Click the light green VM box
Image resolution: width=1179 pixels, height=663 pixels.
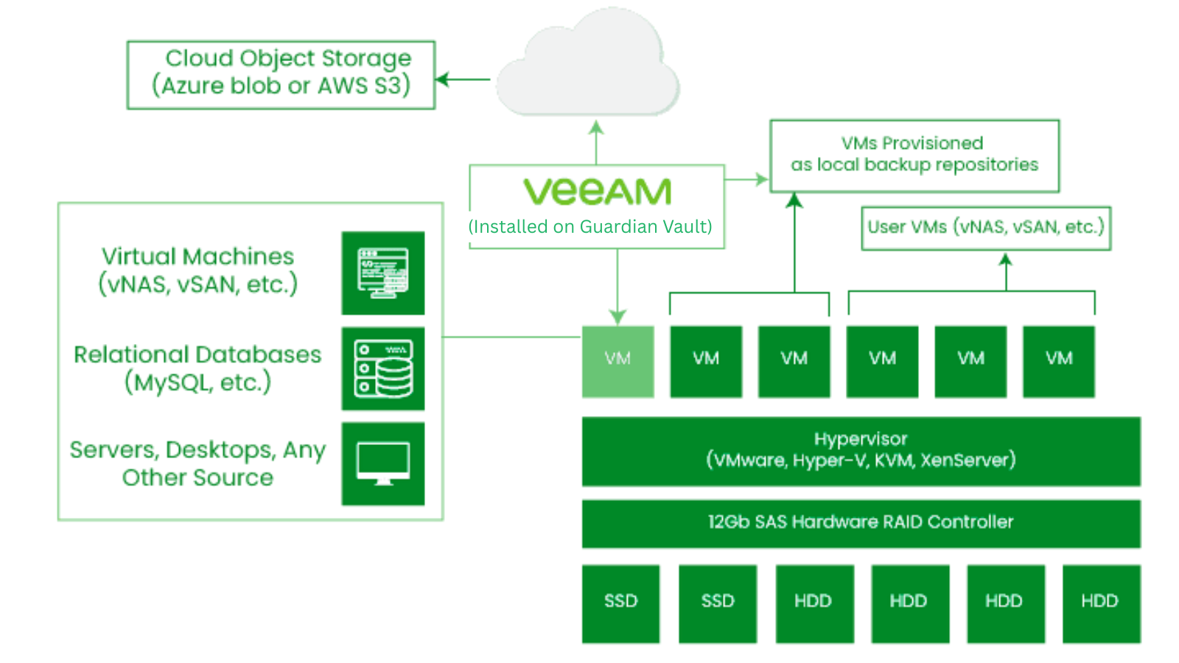click(x=618, y=361)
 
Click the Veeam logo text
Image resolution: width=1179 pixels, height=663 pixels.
click(x=597, y=192)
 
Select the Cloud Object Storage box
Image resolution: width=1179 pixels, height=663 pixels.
click(x=281, y=74)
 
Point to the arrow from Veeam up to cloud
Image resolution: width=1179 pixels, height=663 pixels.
click(x=596, y=142)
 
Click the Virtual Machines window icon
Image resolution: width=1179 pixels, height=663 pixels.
click(x=382, y=273)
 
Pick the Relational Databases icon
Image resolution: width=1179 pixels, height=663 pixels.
click(x=382, y=368)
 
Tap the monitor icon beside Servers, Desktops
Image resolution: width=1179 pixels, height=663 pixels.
click(x=382, y=463)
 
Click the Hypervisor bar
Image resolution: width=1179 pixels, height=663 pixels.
click(x=861, y=451)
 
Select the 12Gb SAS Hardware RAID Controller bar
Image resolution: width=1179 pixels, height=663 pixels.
click(x=861, y=523)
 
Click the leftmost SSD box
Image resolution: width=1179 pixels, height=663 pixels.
click(x=620, y=603)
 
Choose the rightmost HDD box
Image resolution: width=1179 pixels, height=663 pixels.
click(x=1101, y=603)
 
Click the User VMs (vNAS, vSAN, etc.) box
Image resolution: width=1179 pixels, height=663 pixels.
click(x=985, y=228)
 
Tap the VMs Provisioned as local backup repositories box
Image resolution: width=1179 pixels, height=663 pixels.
click(x=914, y=155)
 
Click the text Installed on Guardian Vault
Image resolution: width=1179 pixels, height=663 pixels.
click(x=590, y=227)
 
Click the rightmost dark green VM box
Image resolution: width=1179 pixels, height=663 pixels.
click(x=1058, y=361)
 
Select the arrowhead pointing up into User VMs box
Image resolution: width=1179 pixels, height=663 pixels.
click(x=1006, y=260)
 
